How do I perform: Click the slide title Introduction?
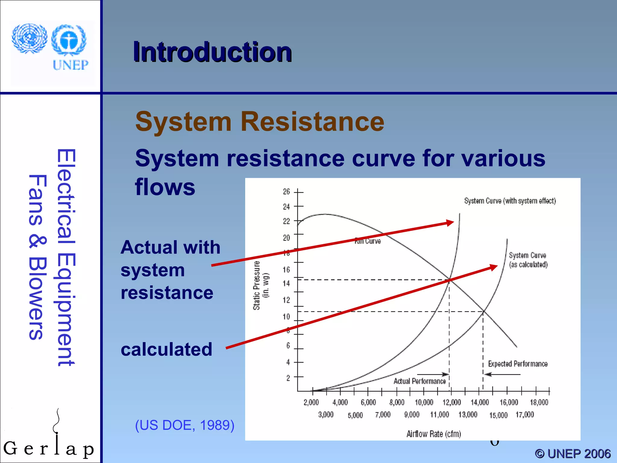click(x=212, y=52)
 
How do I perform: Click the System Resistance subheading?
click(x=260, y=121)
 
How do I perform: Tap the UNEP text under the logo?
click(x=70, y=65)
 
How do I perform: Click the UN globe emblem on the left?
click(x=30, y=39)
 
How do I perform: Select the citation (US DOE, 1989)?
click(x=184, y=425)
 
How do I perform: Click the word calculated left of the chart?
click(x=166, y=349)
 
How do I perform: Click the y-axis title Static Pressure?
click(x=256, y=285)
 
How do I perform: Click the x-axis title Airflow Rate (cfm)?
click(x=434, y=434)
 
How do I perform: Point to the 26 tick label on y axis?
click(x=286, y=192)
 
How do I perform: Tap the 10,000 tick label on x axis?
click(x=424, y=402)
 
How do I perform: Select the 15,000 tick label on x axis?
click(x=498, y=415)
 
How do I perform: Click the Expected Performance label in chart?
click(x=518, y=364)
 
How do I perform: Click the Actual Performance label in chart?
click(x=419, y=381)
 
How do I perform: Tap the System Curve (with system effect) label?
click(x=510, y=201)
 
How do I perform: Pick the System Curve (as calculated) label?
click(x=528, y=260)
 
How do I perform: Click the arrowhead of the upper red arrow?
click(x=450, y=223)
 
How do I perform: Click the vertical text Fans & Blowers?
click(x=37, y=257)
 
